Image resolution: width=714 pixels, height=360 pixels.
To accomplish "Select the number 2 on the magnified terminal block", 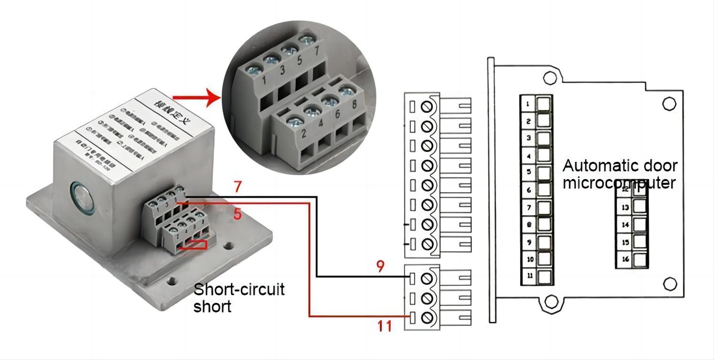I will click(x=304, y=134).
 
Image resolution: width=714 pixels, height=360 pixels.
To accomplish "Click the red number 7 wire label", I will click(x=238, y=187).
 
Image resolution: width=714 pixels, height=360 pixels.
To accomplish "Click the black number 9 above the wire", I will click(x=379, y=266).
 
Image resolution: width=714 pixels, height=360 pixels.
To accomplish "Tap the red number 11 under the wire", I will click(x=385, y=326).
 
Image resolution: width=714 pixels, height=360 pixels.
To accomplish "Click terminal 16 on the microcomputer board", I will click(x=640, y=260).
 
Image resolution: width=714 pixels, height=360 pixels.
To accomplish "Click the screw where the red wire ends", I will click(x=427, y=317).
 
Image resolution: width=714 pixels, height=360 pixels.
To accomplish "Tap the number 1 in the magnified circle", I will click(x=264, y=80).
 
